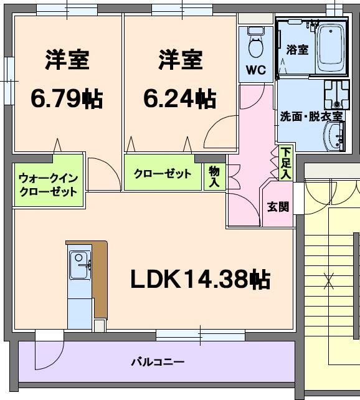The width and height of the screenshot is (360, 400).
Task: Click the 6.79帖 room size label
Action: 67,98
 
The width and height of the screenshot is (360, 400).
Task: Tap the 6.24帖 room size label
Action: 180,98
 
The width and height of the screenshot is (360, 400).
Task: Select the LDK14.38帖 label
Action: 200,280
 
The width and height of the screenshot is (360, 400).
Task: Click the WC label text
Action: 256,70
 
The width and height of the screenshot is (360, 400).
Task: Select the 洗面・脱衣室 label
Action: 311,116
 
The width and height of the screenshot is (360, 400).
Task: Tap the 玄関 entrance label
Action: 278,206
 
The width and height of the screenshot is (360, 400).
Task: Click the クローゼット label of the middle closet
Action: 163,174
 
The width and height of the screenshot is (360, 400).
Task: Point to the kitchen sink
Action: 78,264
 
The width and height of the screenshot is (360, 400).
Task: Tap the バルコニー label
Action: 157,361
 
